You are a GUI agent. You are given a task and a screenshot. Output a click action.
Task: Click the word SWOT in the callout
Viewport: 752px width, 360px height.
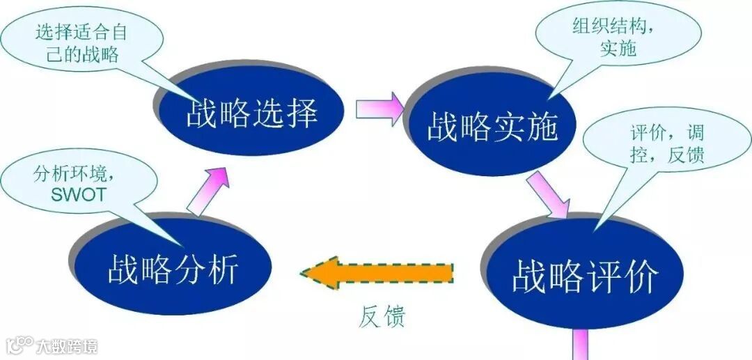tap(79, 194)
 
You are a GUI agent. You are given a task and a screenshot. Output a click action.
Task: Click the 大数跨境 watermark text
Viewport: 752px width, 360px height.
tap(68, 345)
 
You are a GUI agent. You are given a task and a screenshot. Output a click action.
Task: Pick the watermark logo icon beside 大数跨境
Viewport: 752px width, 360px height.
tap(19, 345)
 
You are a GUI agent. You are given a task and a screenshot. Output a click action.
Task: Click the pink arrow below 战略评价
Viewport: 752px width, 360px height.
tap(581, 345)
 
